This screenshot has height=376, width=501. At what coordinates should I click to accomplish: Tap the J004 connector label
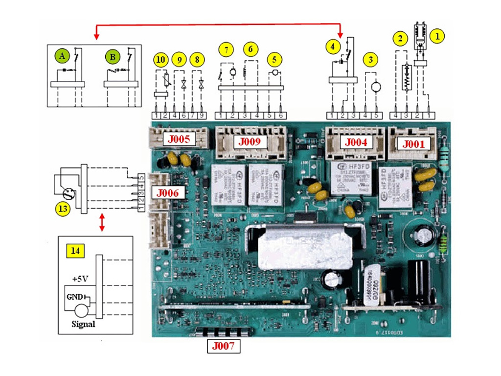click(356, 142)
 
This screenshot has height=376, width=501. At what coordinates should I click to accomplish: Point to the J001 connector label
click(414, 144)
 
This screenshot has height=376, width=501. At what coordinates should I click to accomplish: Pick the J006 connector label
click(169, 192)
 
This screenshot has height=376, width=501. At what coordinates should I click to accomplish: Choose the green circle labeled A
click(62, 56)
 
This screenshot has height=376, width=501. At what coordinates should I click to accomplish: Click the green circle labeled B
click(113, 56)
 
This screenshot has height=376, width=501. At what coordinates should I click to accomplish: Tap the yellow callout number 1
click(437, 35)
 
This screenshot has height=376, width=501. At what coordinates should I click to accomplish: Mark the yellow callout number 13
click(62, 209)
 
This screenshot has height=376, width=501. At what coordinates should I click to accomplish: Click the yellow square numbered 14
click(75, 251)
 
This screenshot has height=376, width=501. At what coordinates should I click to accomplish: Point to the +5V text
click(80, 279)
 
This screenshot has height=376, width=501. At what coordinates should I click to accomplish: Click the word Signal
click(83, 324)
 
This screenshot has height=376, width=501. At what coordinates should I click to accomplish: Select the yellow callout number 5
click(274, 60)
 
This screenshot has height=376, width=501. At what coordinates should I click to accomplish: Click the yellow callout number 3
click(371, 60)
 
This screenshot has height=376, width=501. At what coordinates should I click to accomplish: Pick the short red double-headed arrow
click(102, 222)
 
